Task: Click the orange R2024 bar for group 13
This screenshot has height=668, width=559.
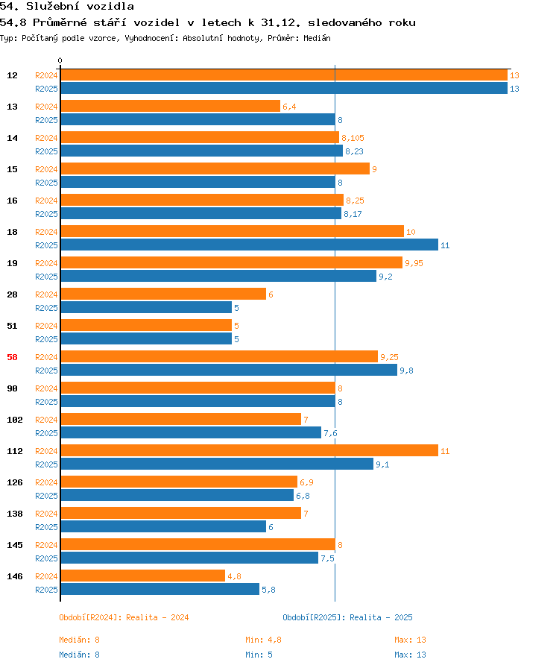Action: point(171,106)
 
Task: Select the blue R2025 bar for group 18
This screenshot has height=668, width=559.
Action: point(250,245)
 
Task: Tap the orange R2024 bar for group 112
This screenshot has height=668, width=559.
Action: point(250,451)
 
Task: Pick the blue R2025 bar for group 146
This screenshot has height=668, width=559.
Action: point(160,589)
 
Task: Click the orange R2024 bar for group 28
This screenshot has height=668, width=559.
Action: point(164,294)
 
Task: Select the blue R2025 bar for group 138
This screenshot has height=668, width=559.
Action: point(164,526)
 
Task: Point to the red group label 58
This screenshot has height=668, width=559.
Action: point(13,357)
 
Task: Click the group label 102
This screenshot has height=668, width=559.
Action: point(14,420)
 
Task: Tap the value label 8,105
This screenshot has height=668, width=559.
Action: point(353,138)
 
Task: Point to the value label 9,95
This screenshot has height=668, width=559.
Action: point(414,263)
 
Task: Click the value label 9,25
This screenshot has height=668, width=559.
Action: point(389,357)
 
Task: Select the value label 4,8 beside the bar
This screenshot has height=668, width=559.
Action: point(234,576)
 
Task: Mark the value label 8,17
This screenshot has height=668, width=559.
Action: point(353,214)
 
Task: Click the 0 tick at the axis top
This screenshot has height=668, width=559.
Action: point(60,60)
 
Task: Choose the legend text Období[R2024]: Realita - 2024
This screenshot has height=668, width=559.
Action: point(124,617)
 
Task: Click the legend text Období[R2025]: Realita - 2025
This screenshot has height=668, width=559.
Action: point(347,617)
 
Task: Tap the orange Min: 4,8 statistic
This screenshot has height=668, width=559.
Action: point(263,640)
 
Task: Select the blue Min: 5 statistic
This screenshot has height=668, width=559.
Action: point(259,655)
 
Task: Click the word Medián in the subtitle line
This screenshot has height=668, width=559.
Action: point(317,38)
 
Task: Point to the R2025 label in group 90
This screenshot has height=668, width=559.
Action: point(46,402)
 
